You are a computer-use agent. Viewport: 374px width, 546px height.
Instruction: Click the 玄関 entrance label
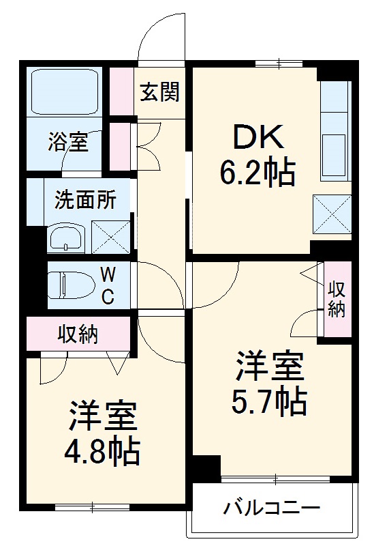[161, 91]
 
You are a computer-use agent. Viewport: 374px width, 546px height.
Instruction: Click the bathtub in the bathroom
[65, 92]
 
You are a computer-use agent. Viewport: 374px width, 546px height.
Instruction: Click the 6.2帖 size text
[257, 173]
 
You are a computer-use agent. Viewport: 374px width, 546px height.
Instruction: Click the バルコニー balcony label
[272, 509]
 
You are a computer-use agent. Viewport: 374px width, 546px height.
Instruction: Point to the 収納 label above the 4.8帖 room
[78, 334]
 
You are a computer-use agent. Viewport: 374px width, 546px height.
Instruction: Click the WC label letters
[108, 285]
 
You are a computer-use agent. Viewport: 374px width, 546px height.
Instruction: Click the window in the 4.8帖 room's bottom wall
[92, 506]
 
